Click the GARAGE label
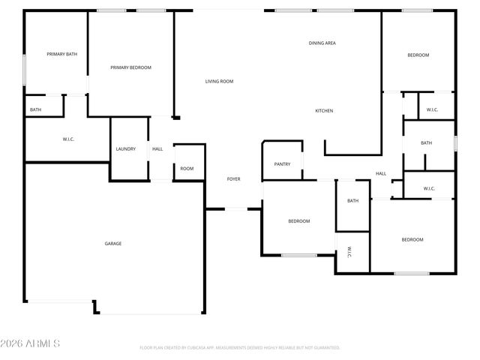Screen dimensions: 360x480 [112, 244]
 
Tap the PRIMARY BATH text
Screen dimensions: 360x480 [61, 54]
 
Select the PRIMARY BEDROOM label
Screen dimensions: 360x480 [130, 67]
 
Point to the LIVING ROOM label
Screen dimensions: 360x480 [220, 81]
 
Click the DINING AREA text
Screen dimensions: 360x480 [322, 43]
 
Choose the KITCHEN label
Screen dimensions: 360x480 [324, 111]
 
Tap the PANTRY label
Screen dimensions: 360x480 [282, 163]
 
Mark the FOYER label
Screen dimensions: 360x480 [234, 179]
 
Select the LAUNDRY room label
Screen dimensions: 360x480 [126, 148]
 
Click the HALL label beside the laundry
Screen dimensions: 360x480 [157, 148]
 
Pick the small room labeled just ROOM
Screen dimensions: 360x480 [187, 169]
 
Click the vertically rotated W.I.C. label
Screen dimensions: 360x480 [349, 253]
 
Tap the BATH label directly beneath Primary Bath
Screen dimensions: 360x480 [35, 110]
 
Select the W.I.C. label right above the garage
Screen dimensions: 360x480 [68, 139]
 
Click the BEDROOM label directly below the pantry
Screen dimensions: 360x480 [299, 220]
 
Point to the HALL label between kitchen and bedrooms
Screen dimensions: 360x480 [381, 174]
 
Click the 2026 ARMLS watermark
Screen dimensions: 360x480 [30, 343]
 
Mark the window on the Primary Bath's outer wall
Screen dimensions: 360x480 [25, 70]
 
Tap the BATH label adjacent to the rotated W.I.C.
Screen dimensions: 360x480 [352, 200]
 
